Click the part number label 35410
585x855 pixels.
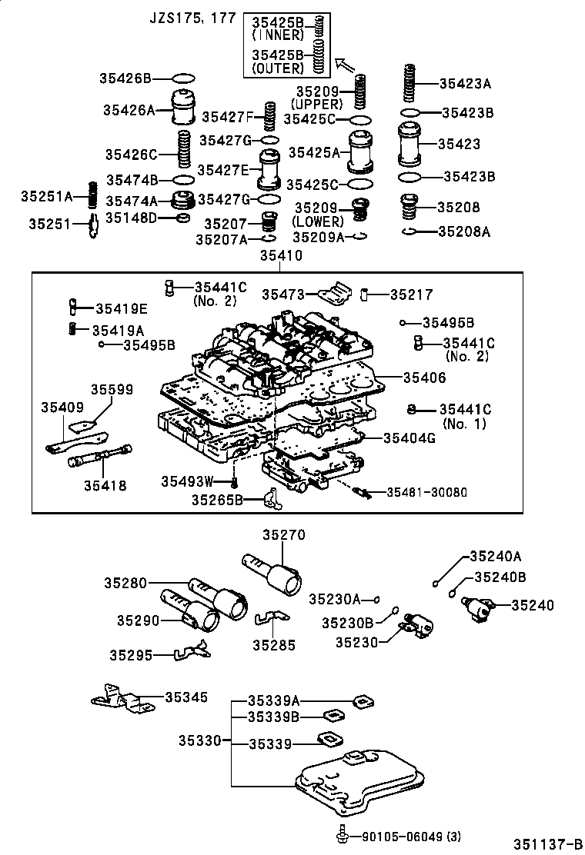[281, 256]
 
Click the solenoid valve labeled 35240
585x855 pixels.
[482, 607]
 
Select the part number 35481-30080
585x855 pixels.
[426, 492]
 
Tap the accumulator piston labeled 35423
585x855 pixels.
[412, 144]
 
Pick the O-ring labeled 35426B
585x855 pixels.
[183, 78]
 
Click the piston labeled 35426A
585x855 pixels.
[183, 108]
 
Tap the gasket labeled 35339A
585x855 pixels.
[362, 700]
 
